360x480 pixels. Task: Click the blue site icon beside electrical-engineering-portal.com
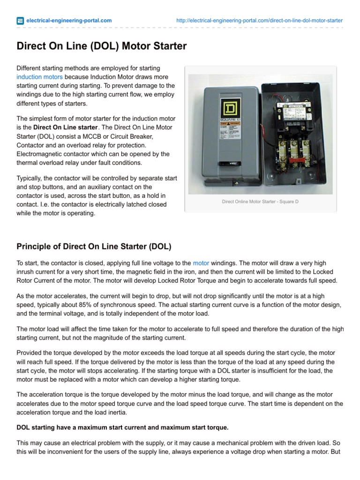pos(20,21)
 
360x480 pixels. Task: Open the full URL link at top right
pos(259,21)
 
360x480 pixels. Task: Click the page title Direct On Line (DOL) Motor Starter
pos(102,46)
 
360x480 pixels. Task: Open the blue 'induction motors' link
pos(39,77)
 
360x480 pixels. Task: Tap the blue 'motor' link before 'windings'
pos(201,263)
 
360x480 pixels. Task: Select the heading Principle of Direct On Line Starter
pos(94,246)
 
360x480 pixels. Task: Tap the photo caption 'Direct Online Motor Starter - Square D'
pos(260,202)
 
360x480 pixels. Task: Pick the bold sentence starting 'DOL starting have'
pos(122,427)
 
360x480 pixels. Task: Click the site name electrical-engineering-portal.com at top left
pos(69,21)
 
